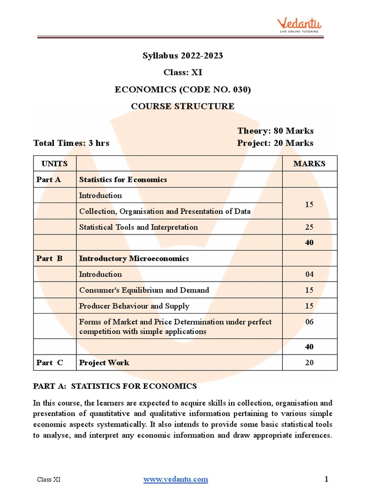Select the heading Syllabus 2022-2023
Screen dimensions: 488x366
(183, 56)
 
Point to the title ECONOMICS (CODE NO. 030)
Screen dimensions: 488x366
(183, 89)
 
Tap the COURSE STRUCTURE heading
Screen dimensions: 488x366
(183, 106)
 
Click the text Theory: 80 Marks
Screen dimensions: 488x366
(275, 131)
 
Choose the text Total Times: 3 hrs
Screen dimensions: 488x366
(71, 143)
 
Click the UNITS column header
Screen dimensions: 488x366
(54, 163)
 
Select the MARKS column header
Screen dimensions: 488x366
(309, 163)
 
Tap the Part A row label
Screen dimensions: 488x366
(48, 180)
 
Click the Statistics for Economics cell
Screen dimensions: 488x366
(123, 180)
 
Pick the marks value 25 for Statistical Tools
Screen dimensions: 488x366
(309, 227)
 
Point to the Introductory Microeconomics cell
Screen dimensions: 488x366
(134, 258)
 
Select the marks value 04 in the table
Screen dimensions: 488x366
(309, 274)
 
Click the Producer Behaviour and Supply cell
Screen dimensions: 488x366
(134, 306)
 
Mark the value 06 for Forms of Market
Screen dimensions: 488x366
(309, 322)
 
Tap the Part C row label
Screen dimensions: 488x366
(50, 363)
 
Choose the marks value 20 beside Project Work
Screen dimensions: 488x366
(309, 363)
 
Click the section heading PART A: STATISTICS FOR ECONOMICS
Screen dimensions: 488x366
(115, 386)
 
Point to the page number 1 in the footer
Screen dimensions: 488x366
(326, 479)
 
